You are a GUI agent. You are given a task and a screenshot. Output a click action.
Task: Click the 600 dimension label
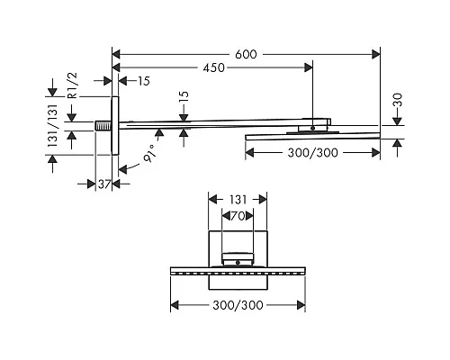coord(246,55)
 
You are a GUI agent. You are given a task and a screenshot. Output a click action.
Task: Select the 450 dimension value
coord(213,68)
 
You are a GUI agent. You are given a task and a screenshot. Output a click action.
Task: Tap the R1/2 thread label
coord(73,85)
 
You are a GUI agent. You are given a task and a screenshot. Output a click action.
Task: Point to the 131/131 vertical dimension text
coord(52,125)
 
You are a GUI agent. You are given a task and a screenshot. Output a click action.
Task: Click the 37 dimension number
coord(104,184)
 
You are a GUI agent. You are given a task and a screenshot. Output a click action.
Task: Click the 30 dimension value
coord(397,100)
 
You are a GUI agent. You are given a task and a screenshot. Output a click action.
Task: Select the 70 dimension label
coord(238,216)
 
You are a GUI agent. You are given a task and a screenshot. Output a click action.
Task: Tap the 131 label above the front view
coord(238,200)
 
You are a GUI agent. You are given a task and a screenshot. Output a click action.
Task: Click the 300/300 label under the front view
coord(238,305)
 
